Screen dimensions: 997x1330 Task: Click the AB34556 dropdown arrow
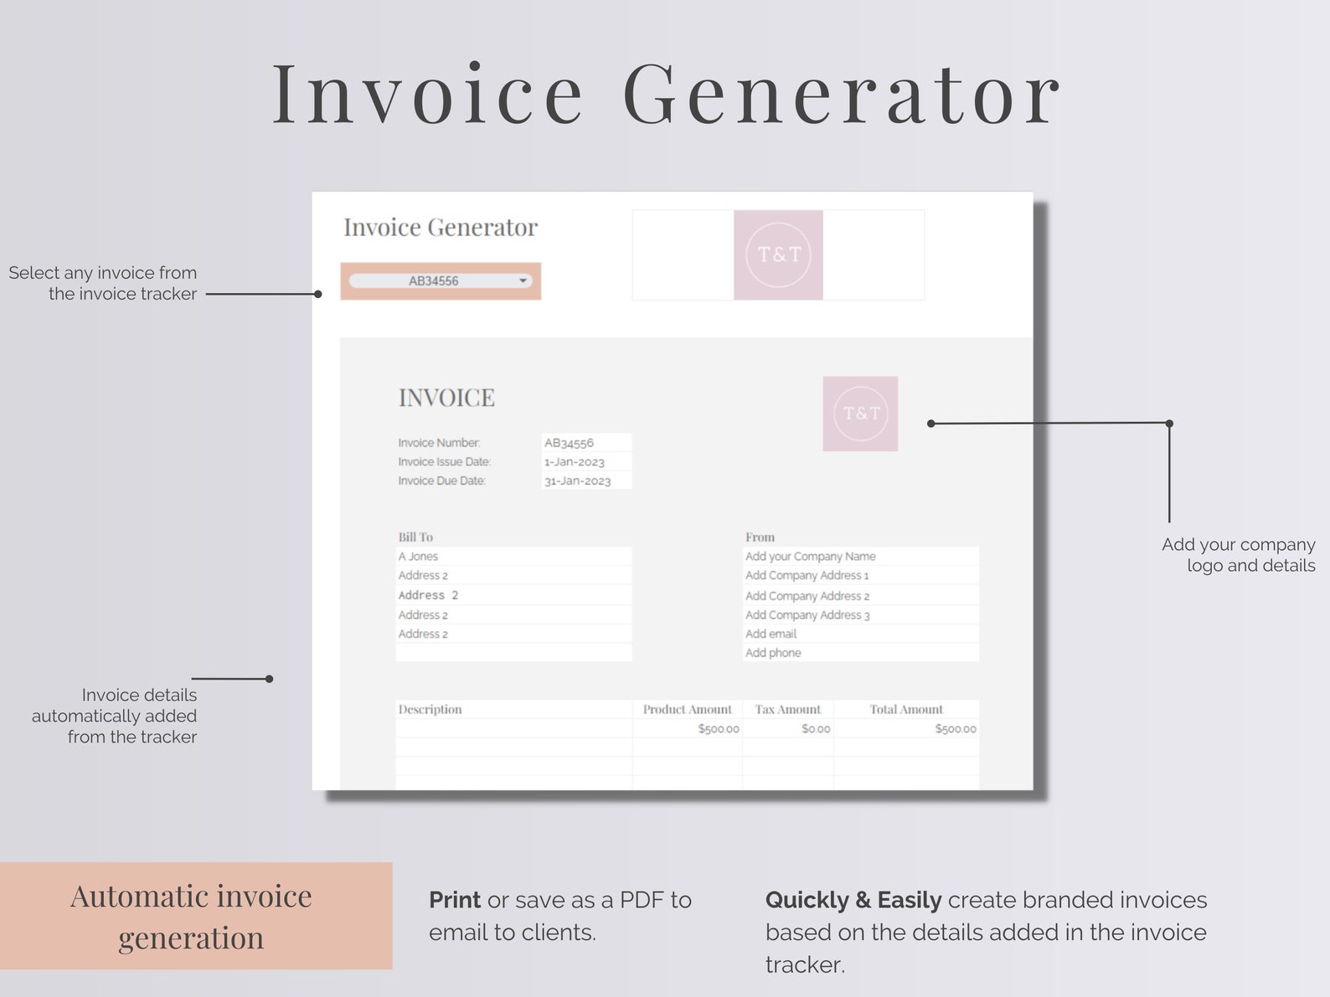(523, 280)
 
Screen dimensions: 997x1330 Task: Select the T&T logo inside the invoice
(860, 414)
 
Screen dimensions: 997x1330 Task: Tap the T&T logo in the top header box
(778, 254)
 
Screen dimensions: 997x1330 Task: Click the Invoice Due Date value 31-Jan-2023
(578, 481)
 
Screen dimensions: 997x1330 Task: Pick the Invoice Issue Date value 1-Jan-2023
(575, 462)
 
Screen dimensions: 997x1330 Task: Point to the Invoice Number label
(439, 443)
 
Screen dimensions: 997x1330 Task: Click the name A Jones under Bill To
(418, 557)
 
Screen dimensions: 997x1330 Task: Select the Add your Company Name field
(810, 557)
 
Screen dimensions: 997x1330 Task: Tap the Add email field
(771, 635)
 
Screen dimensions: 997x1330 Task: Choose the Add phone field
(773, 653)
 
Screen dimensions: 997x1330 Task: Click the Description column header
(430, 710)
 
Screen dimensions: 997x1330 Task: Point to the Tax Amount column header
(787, 710)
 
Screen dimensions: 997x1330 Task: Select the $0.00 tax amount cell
(816, 729)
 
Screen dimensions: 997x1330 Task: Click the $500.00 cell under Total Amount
(956, 729)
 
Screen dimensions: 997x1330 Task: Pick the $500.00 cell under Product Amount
(719, 729)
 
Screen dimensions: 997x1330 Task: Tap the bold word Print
(455, 900)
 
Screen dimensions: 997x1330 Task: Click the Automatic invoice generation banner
(192, 917)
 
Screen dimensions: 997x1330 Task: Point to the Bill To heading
(415, 537)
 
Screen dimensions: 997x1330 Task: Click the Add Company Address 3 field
(807, 615)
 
